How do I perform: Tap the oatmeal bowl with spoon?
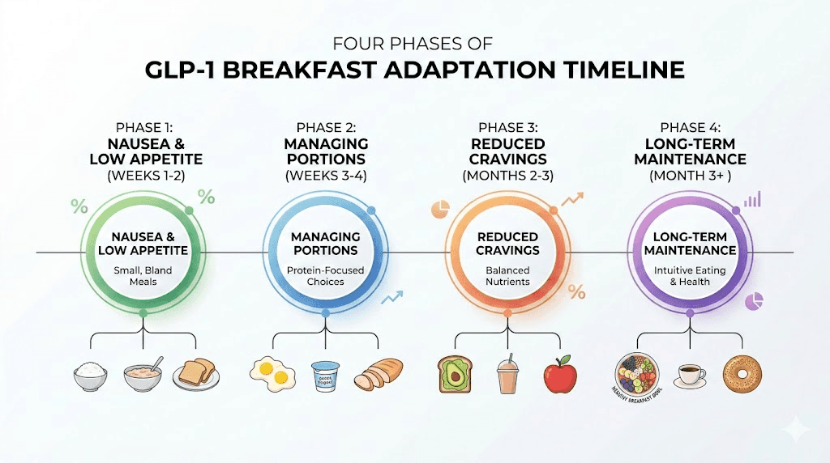pos(143,375)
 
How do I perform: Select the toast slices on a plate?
pos(195,375)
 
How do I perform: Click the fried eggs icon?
pos(272,372)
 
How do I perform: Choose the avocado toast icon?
pos(455,375)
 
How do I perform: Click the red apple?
pos(560,375)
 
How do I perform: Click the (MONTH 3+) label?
pos(690,175)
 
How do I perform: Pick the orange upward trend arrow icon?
pos(573,198)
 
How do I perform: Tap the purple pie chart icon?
pos(754,302)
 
